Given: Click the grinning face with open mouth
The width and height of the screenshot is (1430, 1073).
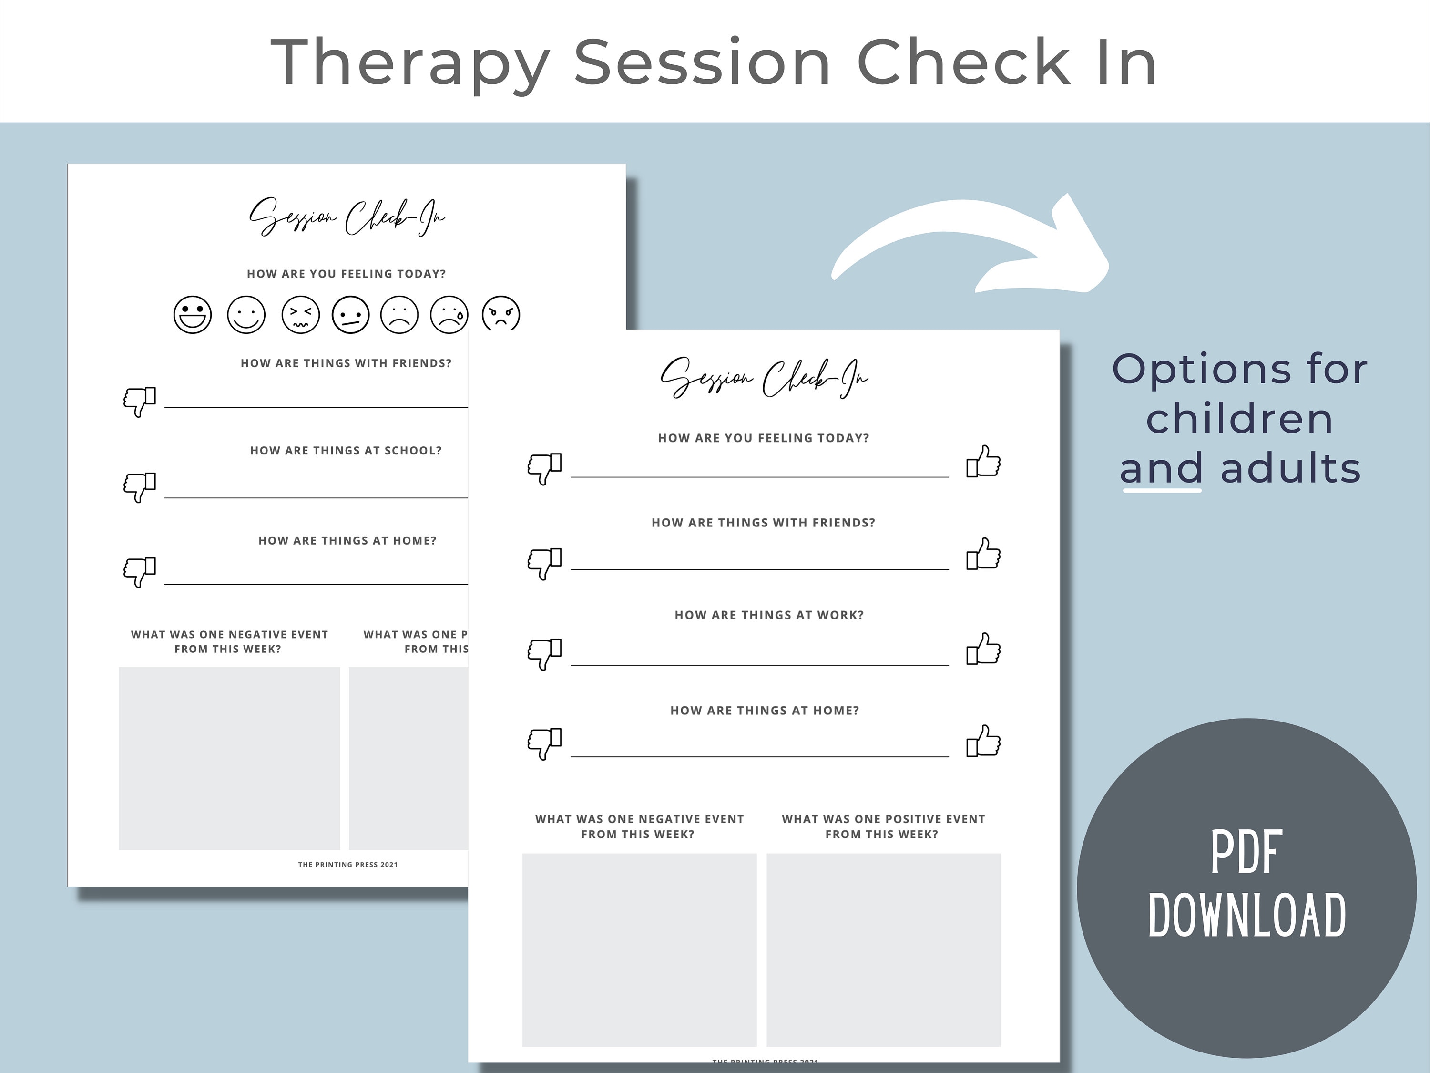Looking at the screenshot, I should click(x=193, y=315).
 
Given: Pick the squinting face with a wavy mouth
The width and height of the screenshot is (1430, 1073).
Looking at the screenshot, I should click(x=301, y=315).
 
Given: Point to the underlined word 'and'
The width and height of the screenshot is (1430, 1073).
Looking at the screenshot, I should click(x=1161, y=468).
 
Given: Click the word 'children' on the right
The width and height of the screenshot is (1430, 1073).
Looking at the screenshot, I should click(x=1239, y=419).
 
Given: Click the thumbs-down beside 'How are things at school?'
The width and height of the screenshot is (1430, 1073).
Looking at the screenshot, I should click(x=140, y=486).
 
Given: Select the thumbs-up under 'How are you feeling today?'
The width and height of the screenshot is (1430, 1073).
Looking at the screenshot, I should click(x=983, y=462).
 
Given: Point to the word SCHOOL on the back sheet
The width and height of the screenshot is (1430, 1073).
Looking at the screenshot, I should click(x=412, y=451).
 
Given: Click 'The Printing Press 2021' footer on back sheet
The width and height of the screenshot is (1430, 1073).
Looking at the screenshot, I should click(x=348, y=865).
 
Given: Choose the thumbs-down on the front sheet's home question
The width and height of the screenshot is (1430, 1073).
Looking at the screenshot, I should click(x=544, y=743).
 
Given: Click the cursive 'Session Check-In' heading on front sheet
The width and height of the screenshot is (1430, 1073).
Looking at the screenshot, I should click(x=764, y=378).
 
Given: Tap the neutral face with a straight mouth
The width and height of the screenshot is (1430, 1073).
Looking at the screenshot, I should click(x=350, y=315).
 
